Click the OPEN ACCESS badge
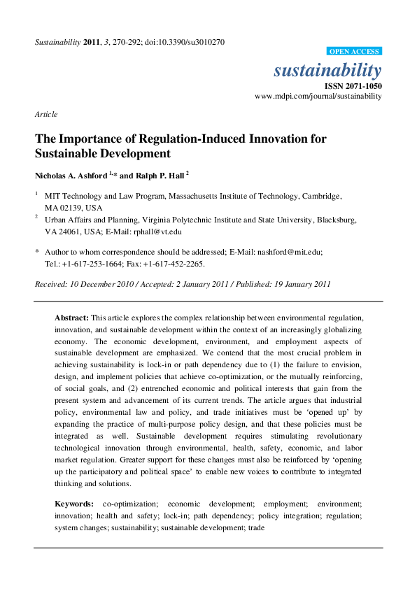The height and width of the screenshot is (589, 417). (x=354, y=51)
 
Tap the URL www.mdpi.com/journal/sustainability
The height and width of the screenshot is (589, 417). (x=318, y=96)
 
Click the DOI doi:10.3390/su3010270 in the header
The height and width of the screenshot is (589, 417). (x=184, y=42)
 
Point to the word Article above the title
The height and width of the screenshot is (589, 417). (x=45, y=114)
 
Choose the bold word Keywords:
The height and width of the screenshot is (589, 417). (x=74, y=504)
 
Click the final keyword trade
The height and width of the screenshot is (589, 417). (x=256, y=527)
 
